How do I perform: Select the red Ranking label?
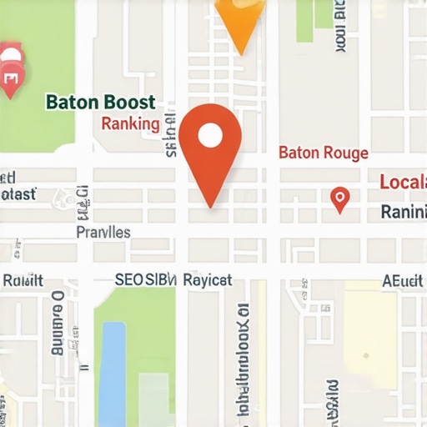130,124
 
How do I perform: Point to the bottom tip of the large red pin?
211,206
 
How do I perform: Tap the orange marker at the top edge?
240,21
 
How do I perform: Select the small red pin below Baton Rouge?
339,198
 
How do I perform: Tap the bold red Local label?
402,182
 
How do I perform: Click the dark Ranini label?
403,212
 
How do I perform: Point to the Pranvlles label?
103,232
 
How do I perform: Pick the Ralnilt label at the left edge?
23,281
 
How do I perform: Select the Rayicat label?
207,281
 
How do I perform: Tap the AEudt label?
402,281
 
